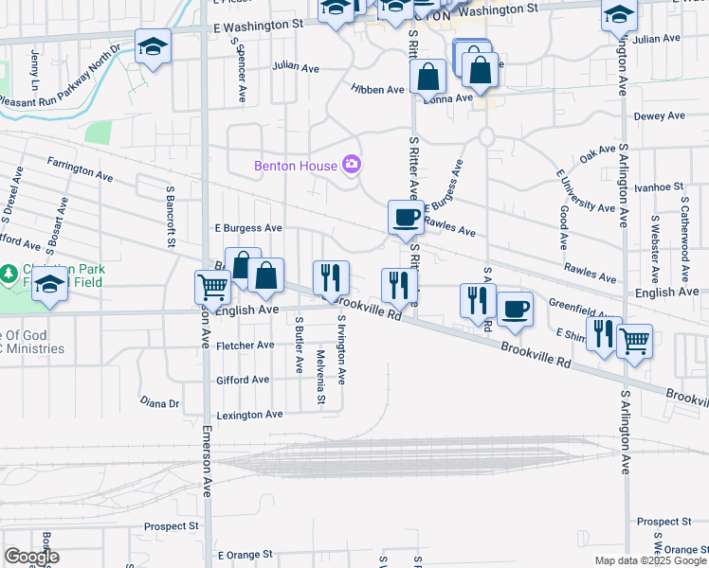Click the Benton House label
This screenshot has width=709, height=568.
[x=295, y=166]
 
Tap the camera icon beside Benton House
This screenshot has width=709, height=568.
[x=352, y=166]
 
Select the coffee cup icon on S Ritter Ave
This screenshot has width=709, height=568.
[x=406, y=217]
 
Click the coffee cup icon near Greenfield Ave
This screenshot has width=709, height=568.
[x=515, y=309]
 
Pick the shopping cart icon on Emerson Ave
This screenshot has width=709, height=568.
[x=213, y=286]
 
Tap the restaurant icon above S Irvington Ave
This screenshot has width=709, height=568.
[x=331, y=277]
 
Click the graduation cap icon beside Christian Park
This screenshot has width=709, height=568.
[x=49, y=285]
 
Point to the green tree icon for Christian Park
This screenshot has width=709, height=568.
[x=9, y=274]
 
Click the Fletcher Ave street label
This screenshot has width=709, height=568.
[x=245, y=346]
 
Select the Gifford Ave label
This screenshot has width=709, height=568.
[x=243, y=380]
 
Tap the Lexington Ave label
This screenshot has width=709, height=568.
[x=249, y=415]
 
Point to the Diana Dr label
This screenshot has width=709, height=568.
[x=159, y=403]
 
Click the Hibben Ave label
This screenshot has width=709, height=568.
[x=377, y=89]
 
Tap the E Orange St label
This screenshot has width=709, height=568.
[x=245, y=554]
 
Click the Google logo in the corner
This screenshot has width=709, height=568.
[x=31, y=557]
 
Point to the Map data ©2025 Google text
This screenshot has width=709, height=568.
[x=649, y=560]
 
